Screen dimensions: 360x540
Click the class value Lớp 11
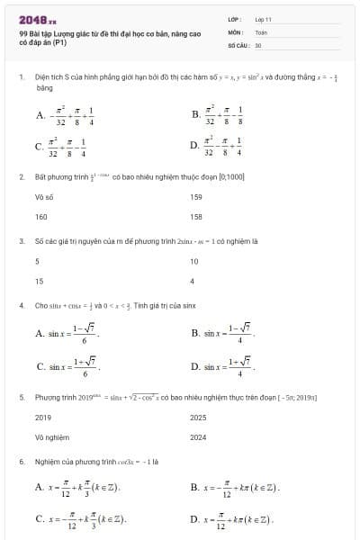[263, 18]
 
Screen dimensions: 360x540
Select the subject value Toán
[261, 31]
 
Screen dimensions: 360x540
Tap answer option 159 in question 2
[196, 196]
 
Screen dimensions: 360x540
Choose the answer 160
[41, 217]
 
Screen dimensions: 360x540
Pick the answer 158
[196, 217]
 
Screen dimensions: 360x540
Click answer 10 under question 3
[194, 261]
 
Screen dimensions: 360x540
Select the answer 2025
[198, 418]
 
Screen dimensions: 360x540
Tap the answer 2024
[198, 438]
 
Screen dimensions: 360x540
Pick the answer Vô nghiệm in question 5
[49, 438]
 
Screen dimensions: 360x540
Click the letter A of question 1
[40, 114]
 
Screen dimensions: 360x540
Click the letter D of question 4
[195, 367]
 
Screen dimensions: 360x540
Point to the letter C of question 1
[40, 145]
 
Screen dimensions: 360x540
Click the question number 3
[21, 241]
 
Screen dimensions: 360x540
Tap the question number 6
[21, 462]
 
